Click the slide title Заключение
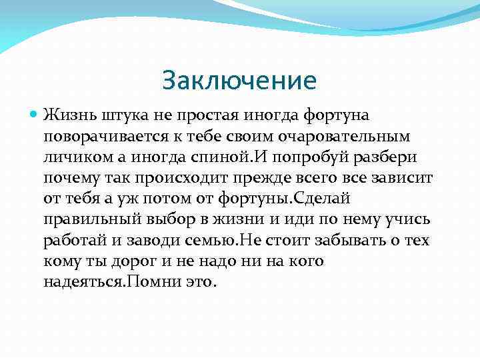coord(239,81)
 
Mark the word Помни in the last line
coord(152,282)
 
